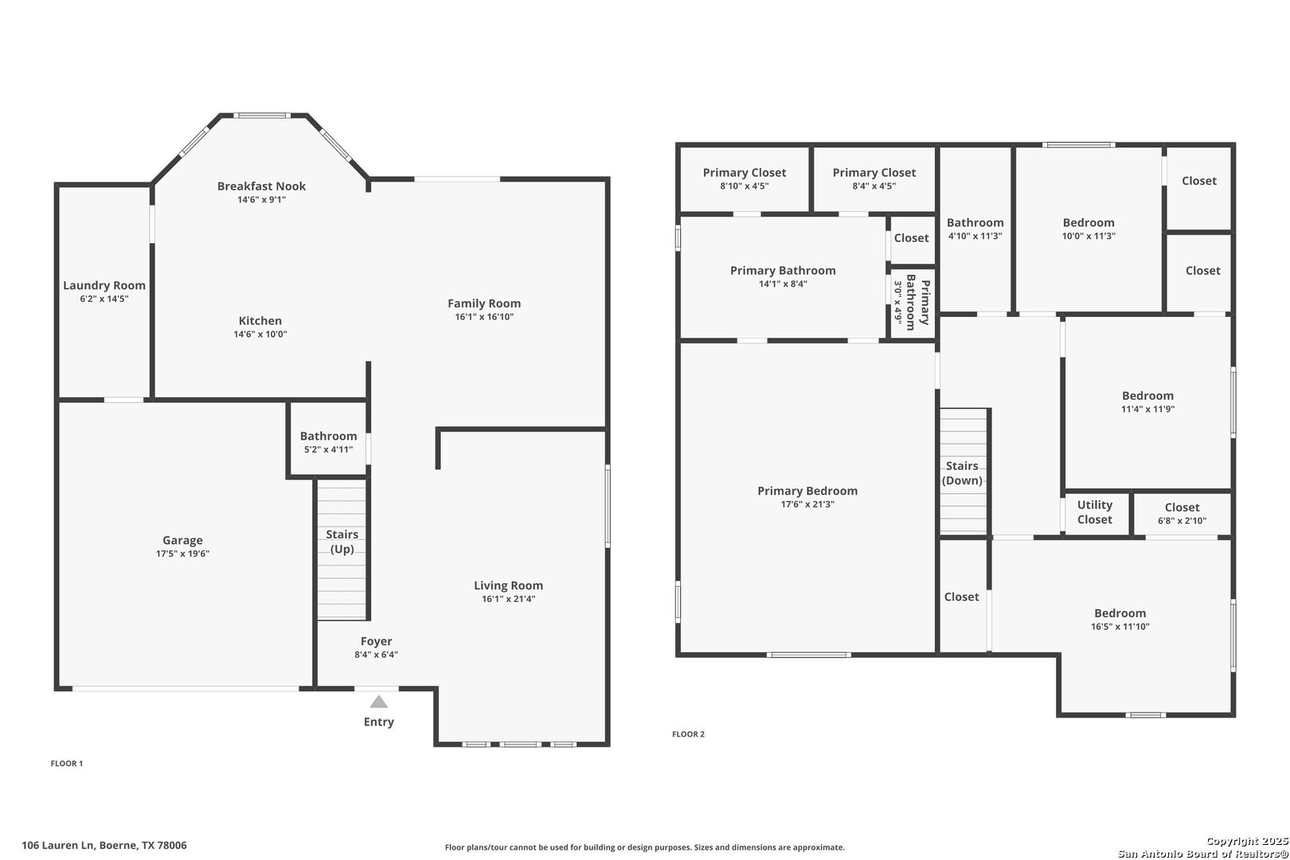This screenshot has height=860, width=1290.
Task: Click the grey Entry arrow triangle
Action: [x=378, y=702]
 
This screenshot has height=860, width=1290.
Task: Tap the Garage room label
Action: [x=182, y=541]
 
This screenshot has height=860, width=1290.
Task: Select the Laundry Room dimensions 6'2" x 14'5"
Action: [x=104, y=299]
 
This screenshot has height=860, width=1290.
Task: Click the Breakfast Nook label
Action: [x=261, y=186]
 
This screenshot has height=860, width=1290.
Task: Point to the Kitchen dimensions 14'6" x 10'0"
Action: [x=260, y=334]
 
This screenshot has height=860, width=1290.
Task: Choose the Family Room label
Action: [x=484, y=303]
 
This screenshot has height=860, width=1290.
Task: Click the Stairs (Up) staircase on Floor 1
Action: [x=342, y=550]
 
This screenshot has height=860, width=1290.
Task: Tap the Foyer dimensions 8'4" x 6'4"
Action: [x=376, y=655]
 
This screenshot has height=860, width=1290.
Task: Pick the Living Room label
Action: [x=509, y=586]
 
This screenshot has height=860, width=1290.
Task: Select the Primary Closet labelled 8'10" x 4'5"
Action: [x=745, y=179]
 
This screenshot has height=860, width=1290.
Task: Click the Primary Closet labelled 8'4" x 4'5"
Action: [x=874, y=179]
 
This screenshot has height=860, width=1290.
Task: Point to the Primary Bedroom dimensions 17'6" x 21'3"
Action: [x=807, y=505]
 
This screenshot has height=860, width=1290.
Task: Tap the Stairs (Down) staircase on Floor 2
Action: [x=964, y=471]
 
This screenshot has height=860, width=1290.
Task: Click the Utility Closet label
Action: [x=1095, y=512]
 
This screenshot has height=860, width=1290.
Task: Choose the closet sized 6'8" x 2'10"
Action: [x=1182, y=514]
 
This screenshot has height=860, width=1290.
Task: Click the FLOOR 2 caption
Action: [x=688, y=734]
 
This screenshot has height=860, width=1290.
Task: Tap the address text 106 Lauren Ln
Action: [x=57, y=846]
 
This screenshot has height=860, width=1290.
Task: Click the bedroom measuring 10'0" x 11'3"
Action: [x=1089, y=229]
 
